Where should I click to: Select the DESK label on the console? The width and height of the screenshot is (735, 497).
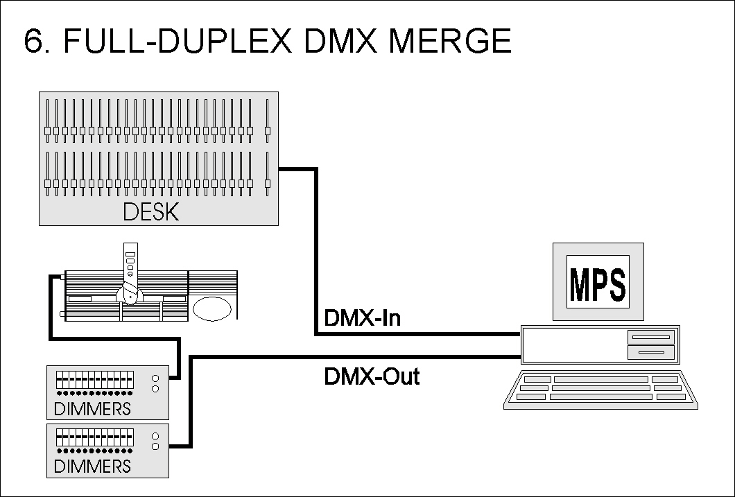150,211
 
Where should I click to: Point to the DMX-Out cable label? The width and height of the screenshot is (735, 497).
372,377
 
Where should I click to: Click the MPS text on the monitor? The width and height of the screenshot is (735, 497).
597,281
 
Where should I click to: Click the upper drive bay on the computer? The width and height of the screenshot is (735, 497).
650,337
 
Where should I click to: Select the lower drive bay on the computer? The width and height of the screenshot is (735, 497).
650,353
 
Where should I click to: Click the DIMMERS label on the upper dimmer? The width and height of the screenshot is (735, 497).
92,408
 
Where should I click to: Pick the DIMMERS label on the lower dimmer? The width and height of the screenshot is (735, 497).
92,466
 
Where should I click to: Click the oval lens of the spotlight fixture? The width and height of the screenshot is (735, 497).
214,308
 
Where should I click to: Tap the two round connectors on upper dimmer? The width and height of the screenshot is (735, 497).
155,383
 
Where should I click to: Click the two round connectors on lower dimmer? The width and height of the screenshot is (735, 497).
155,441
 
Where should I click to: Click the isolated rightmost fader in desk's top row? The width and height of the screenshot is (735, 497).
267,121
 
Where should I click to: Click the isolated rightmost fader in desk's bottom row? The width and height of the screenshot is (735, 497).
267,174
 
